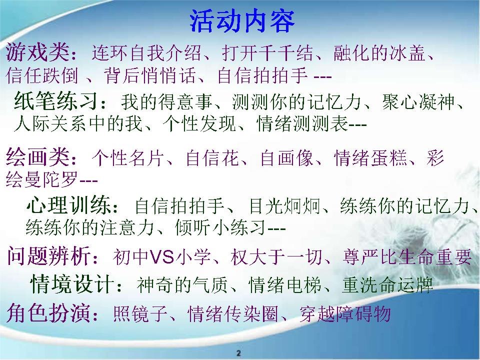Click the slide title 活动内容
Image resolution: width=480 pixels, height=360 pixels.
tap(242, 21)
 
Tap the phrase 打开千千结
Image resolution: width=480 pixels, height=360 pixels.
tap(267, 52)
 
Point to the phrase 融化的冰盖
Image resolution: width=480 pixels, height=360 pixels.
tap(379, 52)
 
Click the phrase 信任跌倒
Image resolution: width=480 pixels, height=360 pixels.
tap(42, 75)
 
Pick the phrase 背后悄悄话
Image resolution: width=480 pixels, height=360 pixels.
tap(149, 75)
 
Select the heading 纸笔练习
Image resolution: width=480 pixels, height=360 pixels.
tap(56, 101)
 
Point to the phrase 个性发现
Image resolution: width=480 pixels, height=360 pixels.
tap(199, 124)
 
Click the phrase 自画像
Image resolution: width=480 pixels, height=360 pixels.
tap(287, 157)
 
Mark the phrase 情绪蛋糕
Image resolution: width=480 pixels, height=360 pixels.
tap(370, 157)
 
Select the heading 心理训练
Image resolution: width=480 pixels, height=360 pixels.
tap(68, 205)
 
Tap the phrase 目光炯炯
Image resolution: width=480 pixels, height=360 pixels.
tap(285, 205)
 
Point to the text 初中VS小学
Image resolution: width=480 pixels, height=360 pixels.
tap(161, 257)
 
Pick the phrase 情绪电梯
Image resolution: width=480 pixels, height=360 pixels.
tap(284, 285)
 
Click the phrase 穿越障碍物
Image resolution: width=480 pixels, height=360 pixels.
tap(345, 314)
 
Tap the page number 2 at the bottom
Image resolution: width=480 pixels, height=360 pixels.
tap(239, 352)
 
